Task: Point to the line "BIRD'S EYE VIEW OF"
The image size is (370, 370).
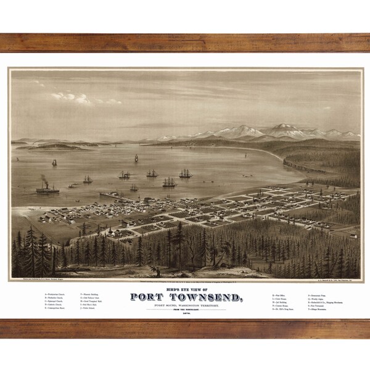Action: (x=184, y=284)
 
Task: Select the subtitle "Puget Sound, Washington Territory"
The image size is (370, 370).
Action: (x=184, y=302)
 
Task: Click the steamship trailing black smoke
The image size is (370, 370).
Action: (x=47, y=188)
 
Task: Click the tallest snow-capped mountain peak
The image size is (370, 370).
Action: (x=280, y=128)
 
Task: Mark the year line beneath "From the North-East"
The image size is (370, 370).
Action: (x=184, y=314)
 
